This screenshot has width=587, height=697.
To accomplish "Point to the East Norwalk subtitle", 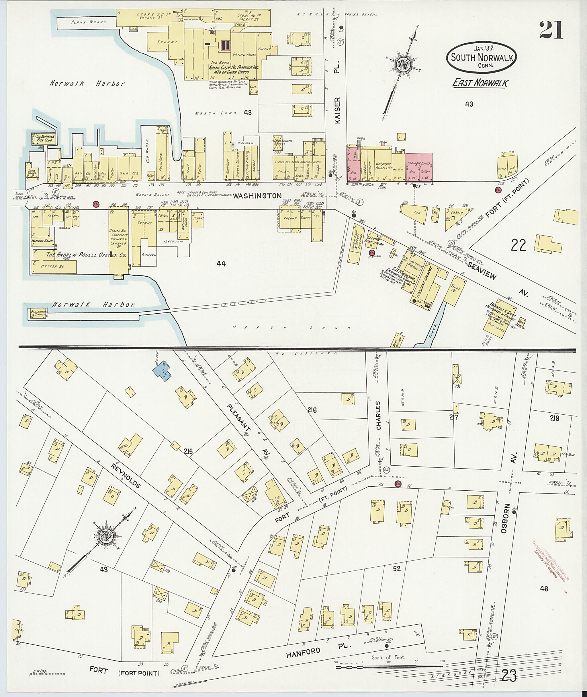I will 479,83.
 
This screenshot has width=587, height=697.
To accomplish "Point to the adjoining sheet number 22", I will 518,246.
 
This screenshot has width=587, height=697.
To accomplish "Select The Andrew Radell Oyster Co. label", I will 86,255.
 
